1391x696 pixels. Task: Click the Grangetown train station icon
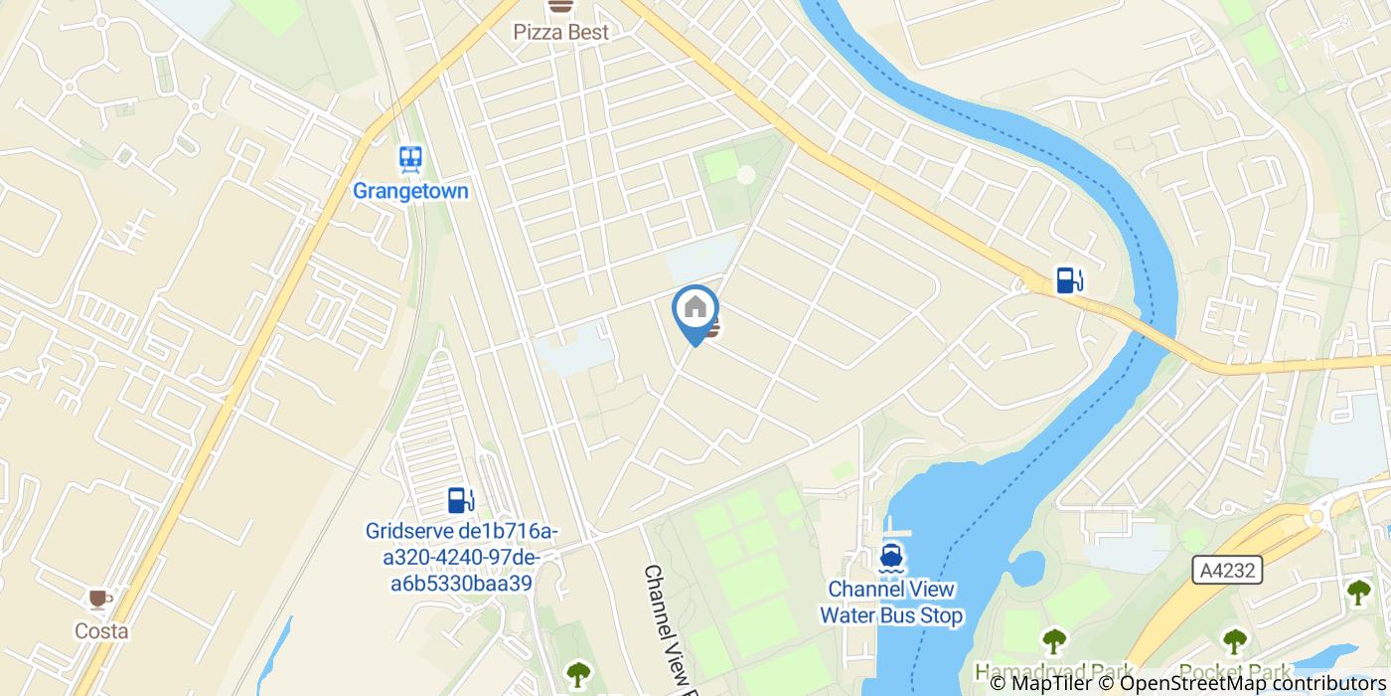[410, 159]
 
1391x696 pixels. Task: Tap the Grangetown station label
[410, 190]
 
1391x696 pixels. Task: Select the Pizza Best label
[560, 32]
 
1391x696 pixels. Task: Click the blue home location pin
[695, 310]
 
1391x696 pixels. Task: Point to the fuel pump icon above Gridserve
[460, 499]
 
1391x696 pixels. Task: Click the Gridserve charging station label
[462, 558]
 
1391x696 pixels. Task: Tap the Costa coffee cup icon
[98, 599]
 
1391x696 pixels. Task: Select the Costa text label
[101, 631]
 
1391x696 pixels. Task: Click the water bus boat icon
[890, 556]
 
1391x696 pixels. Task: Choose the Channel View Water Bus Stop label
[891, 603]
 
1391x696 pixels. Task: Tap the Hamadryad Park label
[1053, 672]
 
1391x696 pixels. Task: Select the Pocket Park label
[1235, 672]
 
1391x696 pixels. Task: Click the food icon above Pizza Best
[560, 6]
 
